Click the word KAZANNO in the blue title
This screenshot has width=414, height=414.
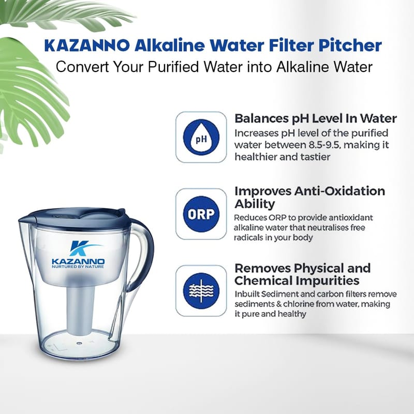click(87, 46)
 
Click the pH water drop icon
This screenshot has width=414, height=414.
click(201, 137)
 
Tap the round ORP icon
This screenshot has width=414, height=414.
click(201, 214)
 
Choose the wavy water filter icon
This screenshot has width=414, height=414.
click(201, 291)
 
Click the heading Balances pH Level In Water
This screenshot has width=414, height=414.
click(316, 119)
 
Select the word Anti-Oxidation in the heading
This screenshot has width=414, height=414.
click(339, 191)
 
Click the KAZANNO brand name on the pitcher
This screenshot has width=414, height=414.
click(78, 262)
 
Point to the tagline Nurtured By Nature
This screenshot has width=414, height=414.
click(78, 267)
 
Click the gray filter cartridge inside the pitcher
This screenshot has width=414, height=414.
click(81, 309)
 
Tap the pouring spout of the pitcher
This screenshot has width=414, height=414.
click(25, 219)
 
